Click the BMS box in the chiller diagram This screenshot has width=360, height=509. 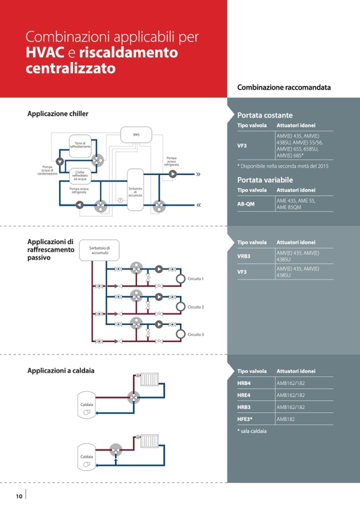click(x=136, y=134)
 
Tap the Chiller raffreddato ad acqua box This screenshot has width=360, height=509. click(x=80, y=175)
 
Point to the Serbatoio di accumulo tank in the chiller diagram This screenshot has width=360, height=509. click(x=135, y=190)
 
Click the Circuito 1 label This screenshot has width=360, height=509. click(x=195, y=279)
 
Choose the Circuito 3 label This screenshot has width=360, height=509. click(x=195, y=334)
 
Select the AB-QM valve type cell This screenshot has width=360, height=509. click(x=246, y=204)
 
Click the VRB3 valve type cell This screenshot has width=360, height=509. click(x=244, y=256)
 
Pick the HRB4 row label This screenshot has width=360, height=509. click(x=244, y=383)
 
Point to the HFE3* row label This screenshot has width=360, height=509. click(x=245, y=419)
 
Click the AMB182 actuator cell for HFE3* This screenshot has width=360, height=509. click(x=286, y=419)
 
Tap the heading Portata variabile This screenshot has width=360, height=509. click(x=265, y=180)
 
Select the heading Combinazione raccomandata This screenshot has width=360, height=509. click(x=284, y=87)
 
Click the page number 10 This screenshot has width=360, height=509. click(x=19, y=496)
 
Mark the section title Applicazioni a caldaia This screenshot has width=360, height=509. click(x=61, y=370)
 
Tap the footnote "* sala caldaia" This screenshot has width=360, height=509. click(x=252, y=431)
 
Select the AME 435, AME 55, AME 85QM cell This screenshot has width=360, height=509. click(x=296, y=204)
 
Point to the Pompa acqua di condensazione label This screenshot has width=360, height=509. click(x=47, y=170)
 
